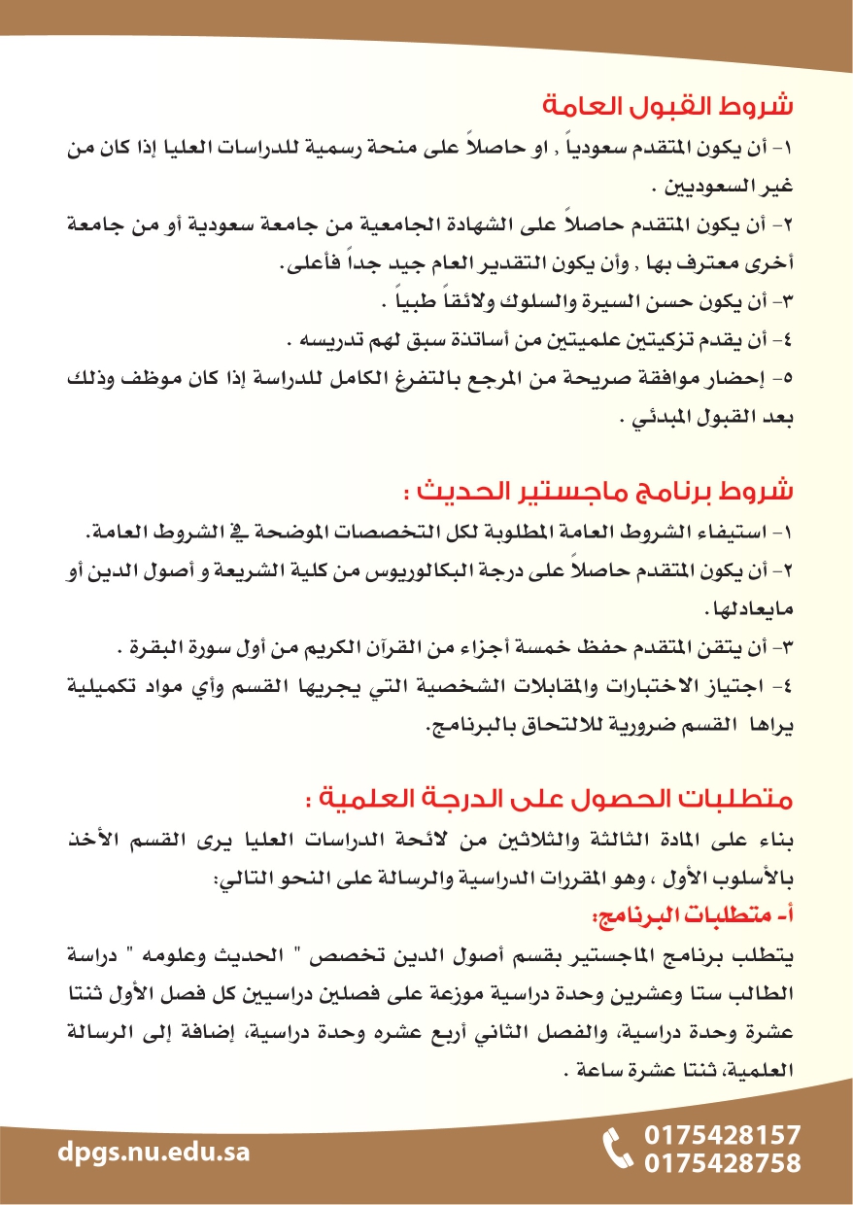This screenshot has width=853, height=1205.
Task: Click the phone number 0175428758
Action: click(723, 1163)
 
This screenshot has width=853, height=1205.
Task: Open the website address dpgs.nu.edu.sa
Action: click(154, 1153)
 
